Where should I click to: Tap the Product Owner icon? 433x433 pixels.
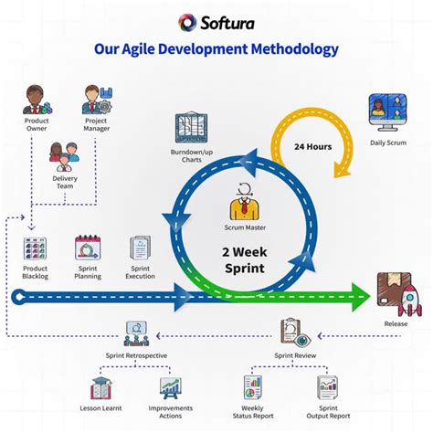point(35,100)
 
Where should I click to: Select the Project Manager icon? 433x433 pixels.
point(96,100)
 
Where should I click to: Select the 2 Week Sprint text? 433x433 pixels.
point(244,259)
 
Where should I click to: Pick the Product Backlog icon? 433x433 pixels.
point(36,248)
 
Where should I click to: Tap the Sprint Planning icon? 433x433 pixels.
point(88,248)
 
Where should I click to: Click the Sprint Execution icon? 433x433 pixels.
point(141,248)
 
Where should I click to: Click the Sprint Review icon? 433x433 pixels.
point(291,332)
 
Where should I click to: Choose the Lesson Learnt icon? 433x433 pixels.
point(100,390)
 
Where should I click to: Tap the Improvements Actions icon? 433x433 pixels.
point(170,390)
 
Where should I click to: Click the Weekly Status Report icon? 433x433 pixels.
point(254,388)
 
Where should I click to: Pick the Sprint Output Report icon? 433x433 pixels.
point(328,388)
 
